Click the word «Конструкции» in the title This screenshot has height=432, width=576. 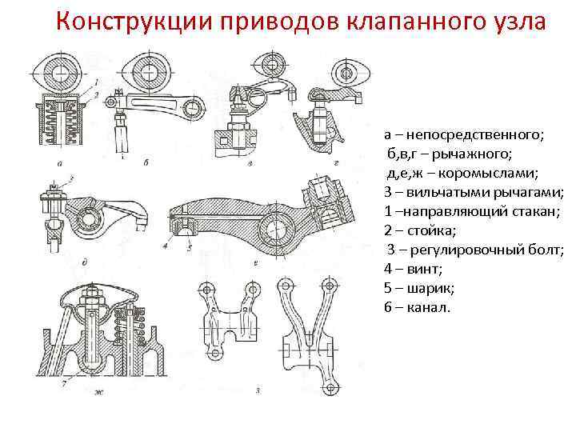[x=127, y=22]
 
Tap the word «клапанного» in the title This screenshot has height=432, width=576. [x=401, y=22]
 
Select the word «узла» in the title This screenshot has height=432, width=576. [x=518, y=22]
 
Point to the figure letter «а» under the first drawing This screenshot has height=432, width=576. [x=62, y=163]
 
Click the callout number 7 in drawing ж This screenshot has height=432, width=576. [x=63, y=385]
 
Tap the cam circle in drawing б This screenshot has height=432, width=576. [x=144, y=71]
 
